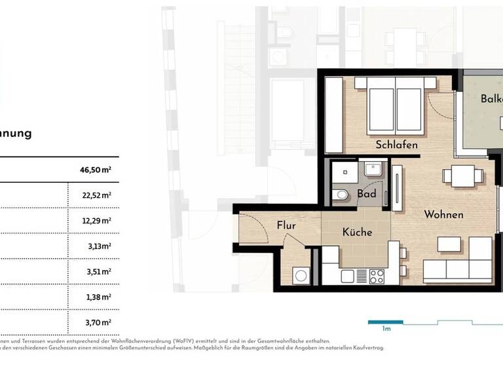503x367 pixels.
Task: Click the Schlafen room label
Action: tap(397, 144)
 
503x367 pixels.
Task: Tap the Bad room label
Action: tap(367, 194)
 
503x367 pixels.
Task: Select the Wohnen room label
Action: tap(443, 214)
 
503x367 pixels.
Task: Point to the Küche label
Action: tap(357, 232)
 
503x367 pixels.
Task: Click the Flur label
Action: tap(286, 225)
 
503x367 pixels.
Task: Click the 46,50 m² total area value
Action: tap(95, 170)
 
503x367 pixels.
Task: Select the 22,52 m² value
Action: tap(96, 195)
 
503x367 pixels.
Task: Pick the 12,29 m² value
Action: tap(96, 221)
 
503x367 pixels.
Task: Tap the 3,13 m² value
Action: tap(98, 246)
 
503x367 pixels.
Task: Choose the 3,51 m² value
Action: tap(98, 271)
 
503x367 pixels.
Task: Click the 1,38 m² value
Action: tap(98, 297)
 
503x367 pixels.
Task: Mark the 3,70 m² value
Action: tap(98, 322)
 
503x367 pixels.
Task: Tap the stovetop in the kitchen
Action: tap(377, 277)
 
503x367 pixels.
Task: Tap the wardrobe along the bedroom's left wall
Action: tap(333, 115)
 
